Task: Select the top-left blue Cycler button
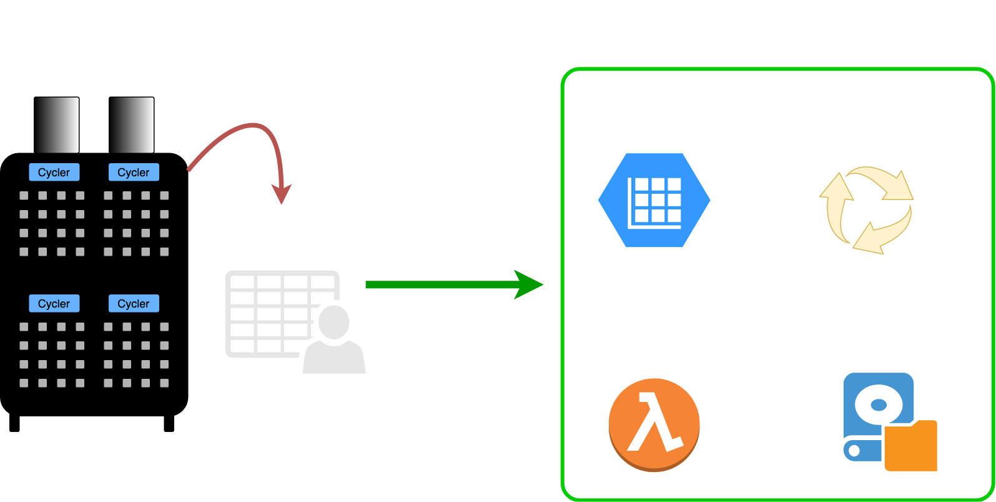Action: point(54,172)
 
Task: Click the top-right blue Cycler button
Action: point(134,172)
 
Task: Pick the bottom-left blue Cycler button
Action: point(54,303)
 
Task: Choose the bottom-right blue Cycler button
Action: point(134,303)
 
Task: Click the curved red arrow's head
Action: point(282,194)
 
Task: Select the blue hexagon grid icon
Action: point(654,200)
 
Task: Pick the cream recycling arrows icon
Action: point(866,209)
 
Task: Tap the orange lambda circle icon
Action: point(654,424)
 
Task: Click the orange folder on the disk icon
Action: point(911,446)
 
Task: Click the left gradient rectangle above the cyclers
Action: point(57,125)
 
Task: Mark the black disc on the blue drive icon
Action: point(878,406)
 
